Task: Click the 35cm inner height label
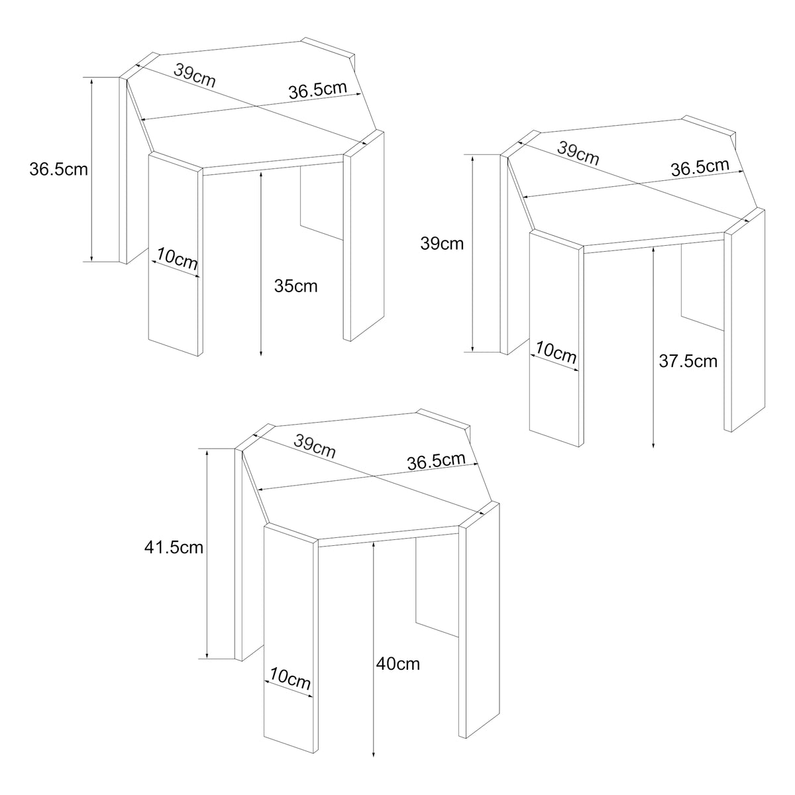(x=295, y=286)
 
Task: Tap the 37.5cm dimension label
(x=688, y=362)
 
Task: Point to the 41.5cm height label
(x=174, y=547)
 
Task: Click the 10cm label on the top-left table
(x=177, y=258)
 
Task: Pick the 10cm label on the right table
(x=556, y=352)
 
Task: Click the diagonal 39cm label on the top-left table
(x=194, y=75)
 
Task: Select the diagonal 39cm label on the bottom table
(x=315, y=446)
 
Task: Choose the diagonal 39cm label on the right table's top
(x=578, y=153)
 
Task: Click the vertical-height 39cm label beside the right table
(x=442, y=244)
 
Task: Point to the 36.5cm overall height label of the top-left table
(x=58, y=170)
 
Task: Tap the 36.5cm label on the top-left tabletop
(x=318, y=89)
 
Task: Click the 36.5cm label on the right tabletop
(x=700, y=167)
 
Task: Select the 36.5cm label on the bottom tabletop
(x=436, y=461)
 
